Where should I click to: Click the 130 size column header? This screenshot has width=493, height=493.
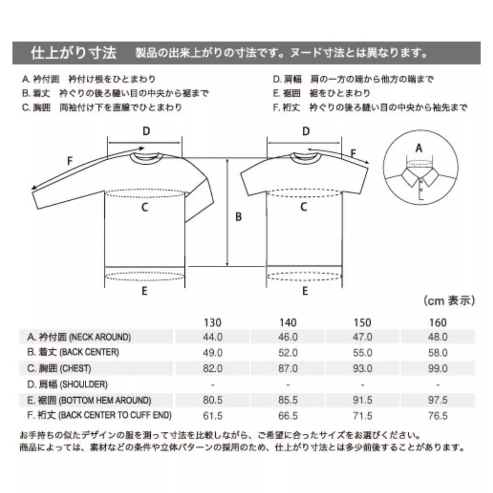coord(212,322)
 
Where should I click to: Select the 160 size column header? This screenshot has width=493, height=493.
coord(438,322)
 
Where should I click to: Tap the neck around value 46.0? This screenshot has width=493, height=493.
coord(288,337)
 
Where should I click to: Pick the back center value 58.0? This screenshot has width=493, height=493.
coord(438,353)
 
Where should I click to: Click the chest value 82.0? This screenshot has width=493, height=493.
coord(212,368)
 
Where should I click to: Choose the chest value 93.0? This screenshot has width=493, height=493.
coord(363,368)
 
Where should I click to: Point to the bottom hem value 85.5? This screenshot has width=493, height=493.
coord(288,400)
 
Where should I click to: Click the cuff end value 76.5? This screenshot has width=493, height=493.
coord(438,415)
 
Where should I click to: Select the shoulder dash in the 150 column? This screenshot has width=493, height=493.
coord(363,385)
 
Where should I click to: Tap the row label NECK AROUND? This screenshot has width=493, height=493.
coord(100,337)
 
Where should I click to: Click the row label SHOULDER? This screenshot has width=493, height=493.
coord(83,384)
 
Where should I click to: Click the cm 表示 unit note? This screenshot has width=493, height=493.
coord(449,300)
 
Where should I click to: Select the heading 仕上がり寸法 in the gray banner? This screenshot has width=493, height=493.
coord(74,53)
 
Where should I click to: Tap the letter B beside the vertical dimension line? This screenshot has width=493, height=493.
coord(239,217)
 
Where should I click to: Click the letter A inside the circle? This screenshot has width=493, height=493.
coord(419,148)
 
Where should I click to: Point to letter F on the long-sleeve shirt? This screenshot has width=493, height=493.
coord(70,161)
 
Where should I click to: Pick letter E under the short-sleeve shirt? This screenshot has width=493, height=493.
coord(305,291)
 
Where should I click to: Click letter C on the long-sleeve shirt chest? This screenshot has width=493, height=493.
coord(144,207)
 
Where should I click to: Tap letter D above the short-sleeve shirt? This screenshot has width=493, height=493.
coord(306,131)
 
